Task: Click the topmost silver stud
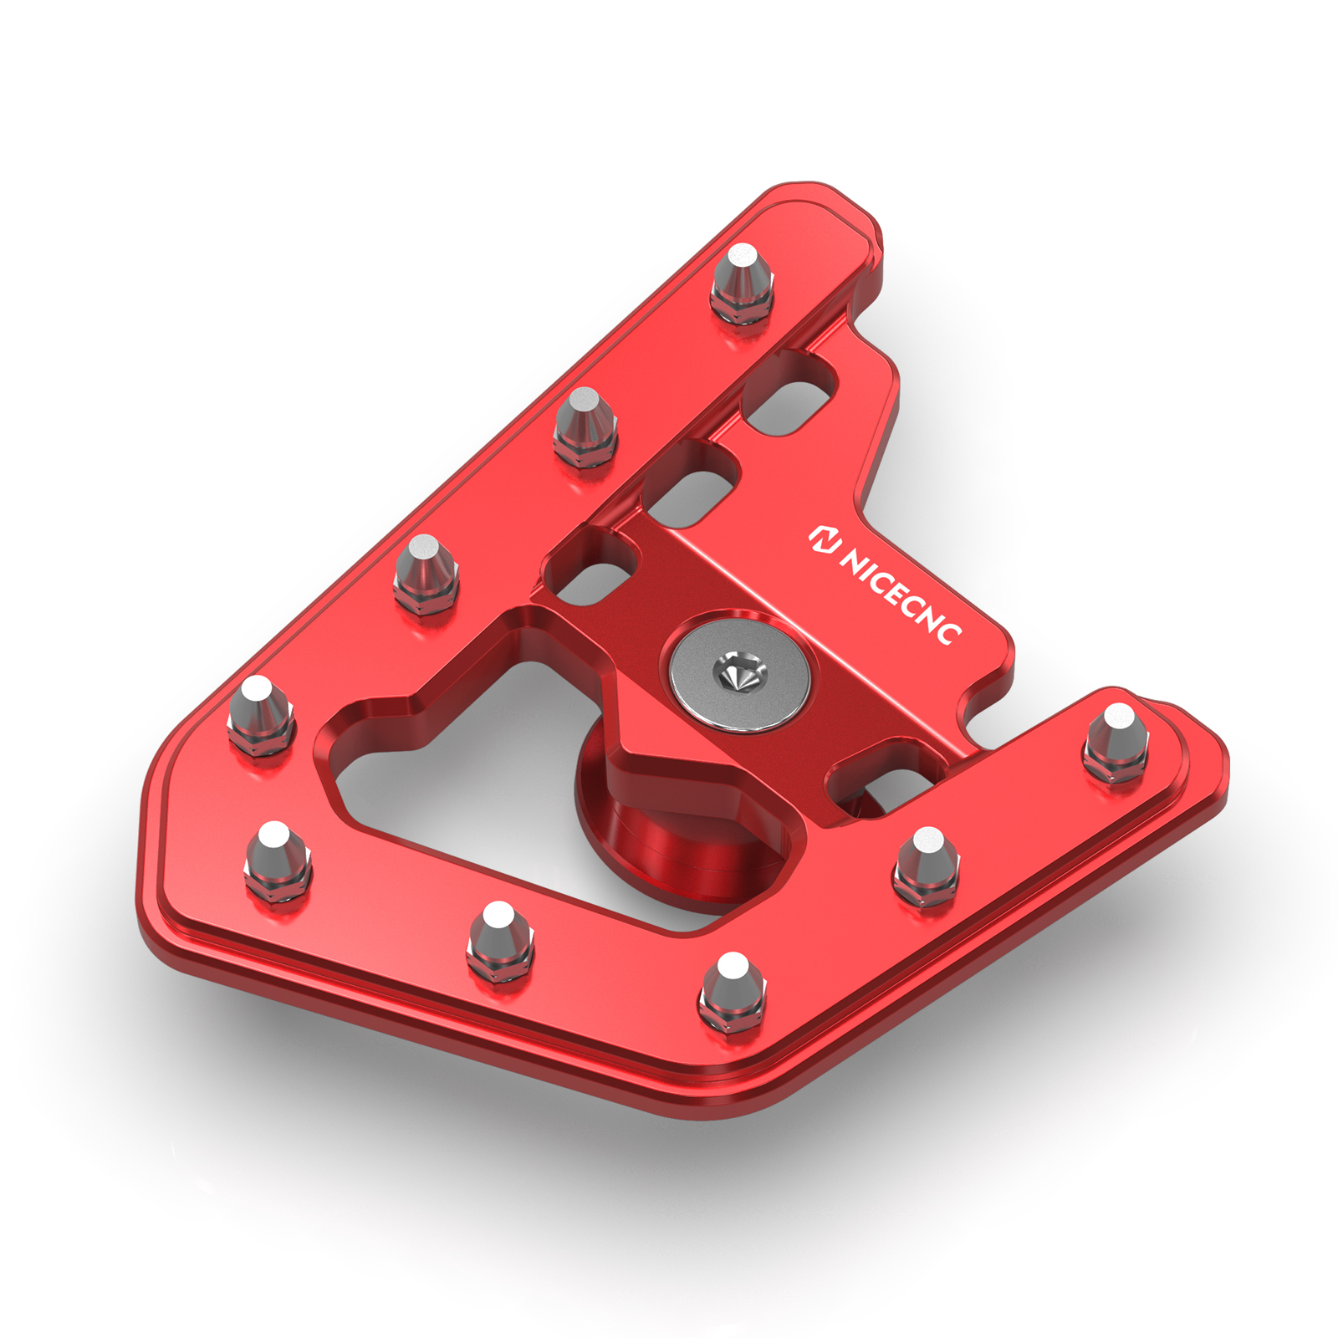(x=742, y=284)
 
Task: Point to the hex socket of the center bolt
(x=739, y=672)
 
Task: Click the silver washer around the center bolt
(x=740, y=673)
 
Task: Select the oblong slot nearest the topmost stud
(x=790, y=394)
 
